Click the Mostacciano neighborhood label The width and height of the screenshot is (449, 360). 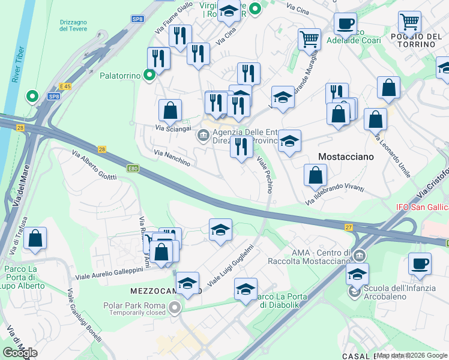click(345, 156)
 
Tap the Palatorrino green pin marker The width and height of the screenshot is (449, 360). click(150, 76)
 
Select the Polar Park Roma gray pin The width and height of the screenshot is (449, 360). click(175, 309)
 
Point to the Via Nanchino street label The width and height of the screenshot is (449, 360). click(172, 158)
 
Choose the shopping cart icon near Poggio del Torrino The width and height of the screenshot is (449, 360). click(409, 22)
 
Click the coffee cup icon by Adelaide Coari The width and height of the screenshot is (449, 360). click(345, 24)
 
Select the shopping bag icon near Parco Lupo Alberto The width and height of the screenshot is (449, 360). click(35, 238)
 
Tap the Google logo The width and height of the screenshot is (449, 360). click(20, 353)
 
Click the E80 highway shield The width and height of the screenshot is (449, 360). click(133, 169)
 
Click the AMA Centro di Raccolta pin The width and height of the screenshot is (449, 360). click(360, 254)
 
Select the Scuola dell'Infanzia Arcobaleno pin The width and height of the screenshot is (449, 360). click(354, 293)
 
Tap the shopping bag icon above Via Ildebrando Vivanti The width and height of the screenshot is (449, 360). click(315, 175)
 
